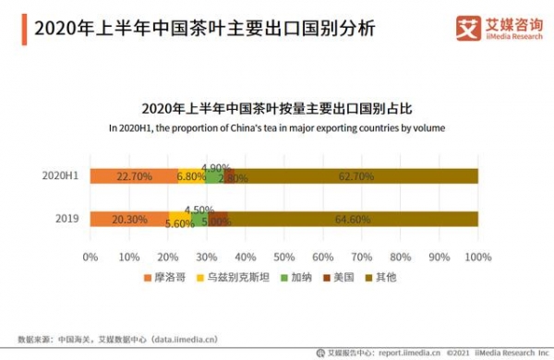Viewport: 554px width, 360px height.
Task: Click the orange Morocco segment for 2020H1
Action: [134, 175]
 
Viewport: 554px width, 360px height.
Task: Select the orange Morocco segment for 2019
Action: [129, 219]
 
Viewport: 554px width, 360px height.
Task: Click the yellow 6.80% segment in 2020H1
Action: [191, 175]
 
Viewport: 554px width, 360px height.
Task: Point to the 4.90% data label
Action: [215, 167]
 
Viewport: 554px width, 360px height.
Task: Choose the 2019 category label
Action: [65, 219]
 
